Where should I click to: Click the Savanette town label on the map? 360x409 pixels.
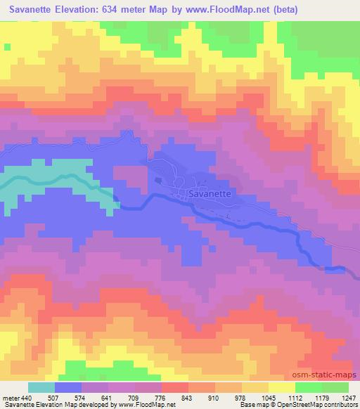pyautogui.click(x=210, y=193)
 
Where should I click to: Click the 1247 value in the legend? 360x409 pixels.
pyautogui.click(x=349, y=398)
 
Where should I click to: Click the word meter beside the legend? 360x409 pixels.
pyautogui.click(x=10, y=398)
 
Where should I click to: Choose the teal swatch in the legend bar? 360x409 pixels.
pyautogui.click(x=41, y=387)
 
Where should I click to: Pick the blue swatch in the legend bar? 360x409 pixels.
pyautogui.click(x=68, y=387)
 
